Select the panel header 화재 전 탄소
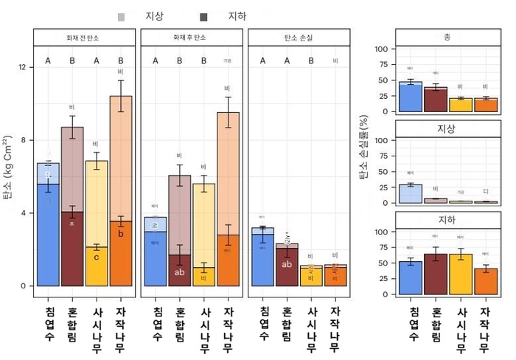[x=84, y=37]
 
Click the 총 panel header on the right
[x=447, y=35]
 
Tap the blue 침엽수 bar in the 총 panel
[x=411, y=97]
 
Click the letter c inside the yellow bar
[x=97, y=257]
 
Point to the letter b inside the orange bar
[x=121, y=234]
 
